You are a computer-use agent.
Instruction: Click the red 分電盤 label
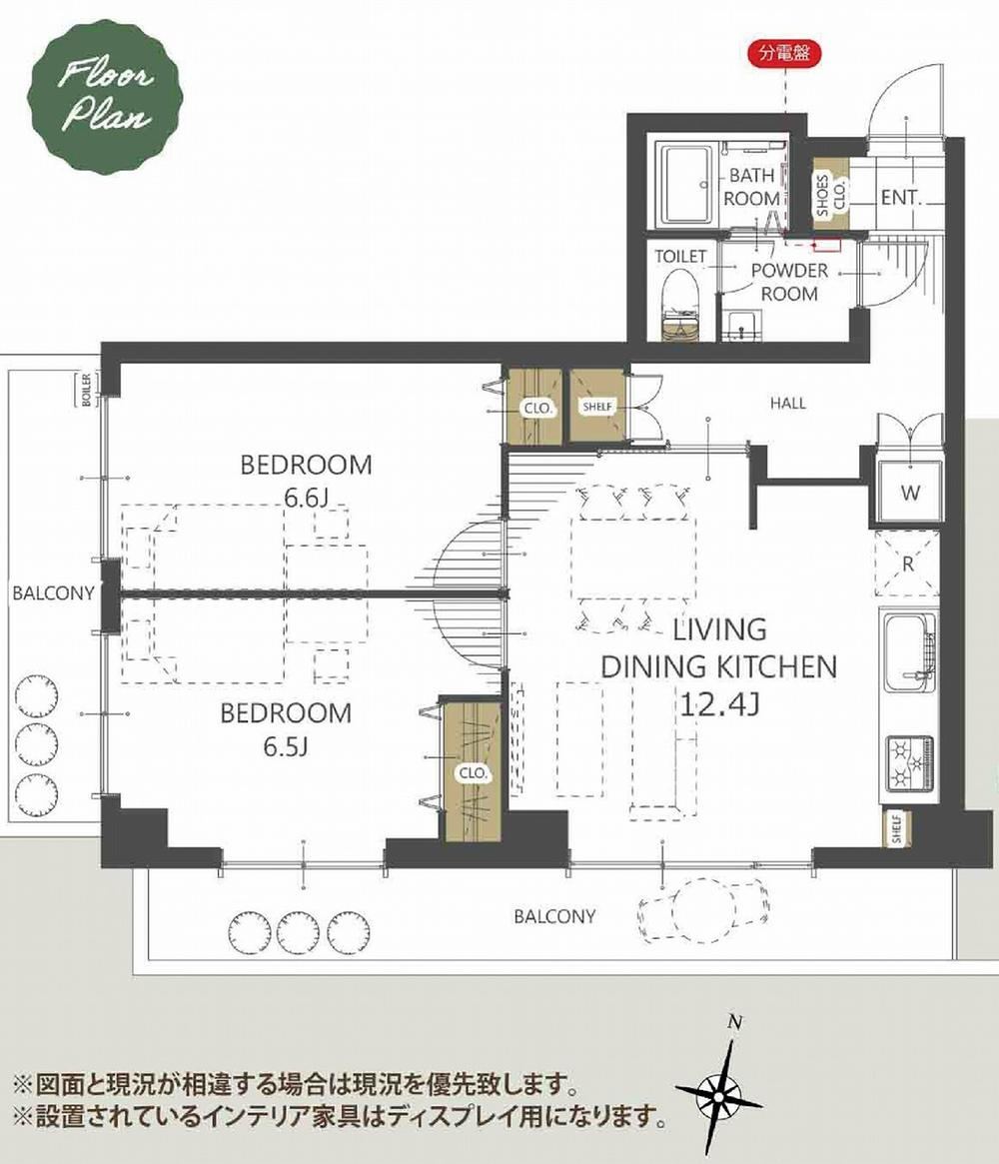[x=785, y=53]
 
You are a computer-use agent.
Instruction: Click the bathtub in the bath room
[x=687, y=186]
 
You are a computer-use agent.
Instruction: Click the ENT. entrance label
[x=901, y=198]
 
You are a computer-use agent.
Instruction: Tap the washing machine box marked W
[x=909, y=493]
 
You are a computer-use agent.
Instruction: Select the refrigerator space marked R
[x=908, y=564]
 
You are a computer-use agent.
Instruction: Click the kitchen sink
[x=908, y=652]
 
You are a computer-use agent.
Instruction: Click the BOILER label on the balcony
[x=87, y=388]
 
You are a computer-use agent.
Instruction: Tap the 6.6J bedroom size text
[x=307, y=499]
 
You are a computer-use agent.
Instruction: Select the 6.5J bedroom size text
[x=286, y=745]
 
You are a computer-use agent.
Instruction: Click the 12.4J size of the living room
[x=718, y=703]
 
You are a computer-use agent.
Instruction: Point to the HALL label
[x=788, y=403]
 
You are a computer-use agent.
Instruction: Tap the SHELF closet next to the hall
[x=598, y=407]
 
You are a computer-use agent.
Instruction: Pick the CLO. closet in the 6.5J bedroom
[x=473, y=771]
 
